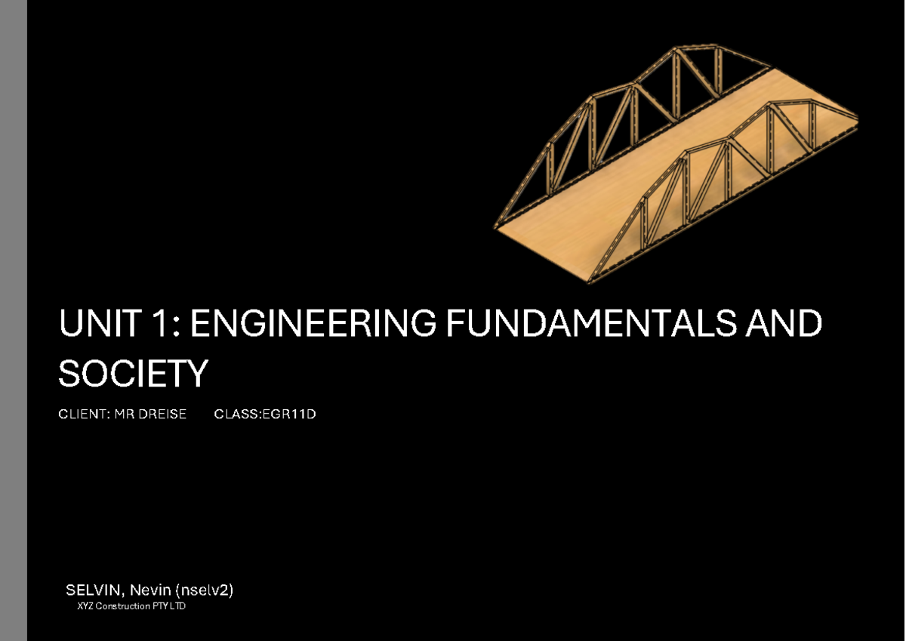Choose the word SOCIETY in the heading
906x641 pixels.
133,374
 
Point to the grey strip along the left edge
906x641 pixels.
14,320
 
